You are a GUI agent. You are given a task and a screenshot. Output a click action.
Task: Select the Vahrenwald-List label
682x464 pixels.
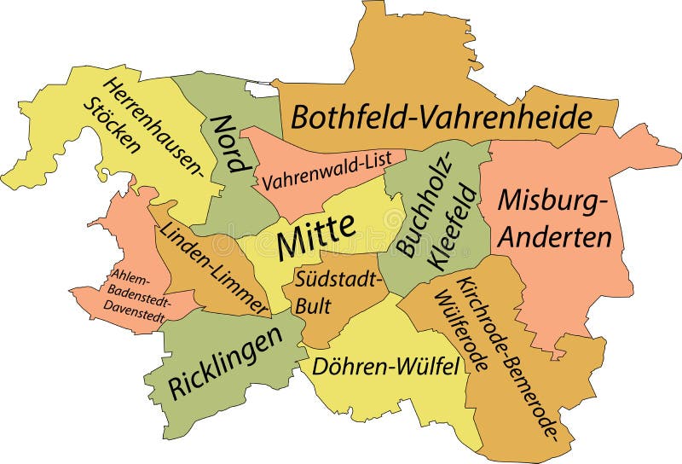(327, 171)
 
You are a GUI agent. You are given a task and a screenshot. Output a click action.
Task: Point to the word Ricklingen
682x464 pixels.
(226, 362)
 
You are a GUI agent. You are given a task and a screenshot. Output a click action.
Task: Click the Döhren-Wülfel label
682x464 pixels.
(386, 367)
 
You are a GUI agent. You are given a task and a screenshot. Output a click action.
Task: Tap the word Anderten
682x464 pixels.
(555, 236)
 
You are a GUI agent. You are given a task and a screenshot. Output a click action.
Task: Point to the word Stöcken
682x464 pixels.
(111, 125)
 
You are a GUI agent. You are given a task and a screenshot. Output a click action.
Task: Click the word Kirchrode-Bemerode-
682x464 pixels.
(509, 358)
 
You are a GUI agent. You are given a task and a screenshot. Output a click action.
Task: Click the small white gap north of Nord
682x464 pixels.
(257, 85)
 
